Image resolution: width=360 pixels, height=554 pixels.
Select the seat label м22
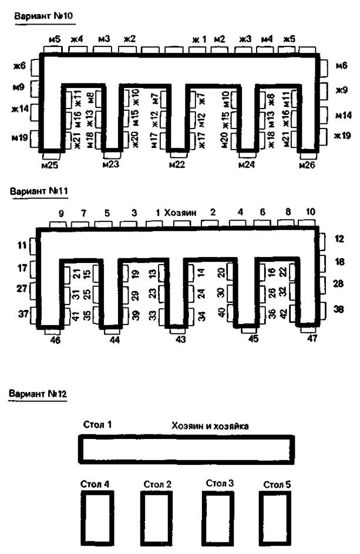177,165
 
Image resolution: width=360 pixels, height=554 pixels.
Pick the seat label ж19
342,136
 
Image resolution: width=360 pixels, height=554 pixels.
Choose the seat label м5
55,39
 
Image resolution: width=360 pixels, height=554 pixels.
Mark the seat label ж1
199,39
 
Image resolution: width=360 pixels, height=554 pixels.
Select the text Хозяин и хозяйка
210,426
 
